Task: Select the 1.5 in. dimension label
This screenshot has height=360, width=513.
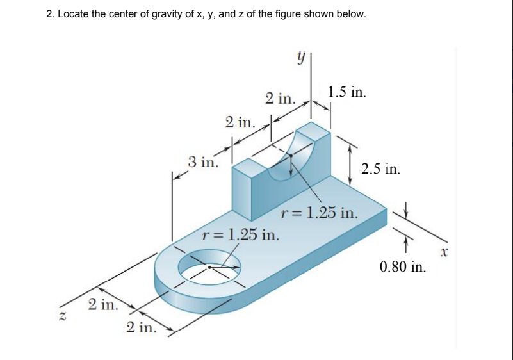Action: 346,92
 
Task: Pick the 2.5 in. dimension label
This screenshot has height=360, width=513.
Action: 381,169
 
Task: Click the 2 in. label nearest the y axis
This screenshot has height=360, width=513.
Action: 280,99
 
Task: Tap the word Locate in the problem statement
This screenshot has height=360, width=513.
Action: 73,14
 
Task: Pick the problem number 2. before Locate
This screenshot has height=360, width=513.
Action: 51,14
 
